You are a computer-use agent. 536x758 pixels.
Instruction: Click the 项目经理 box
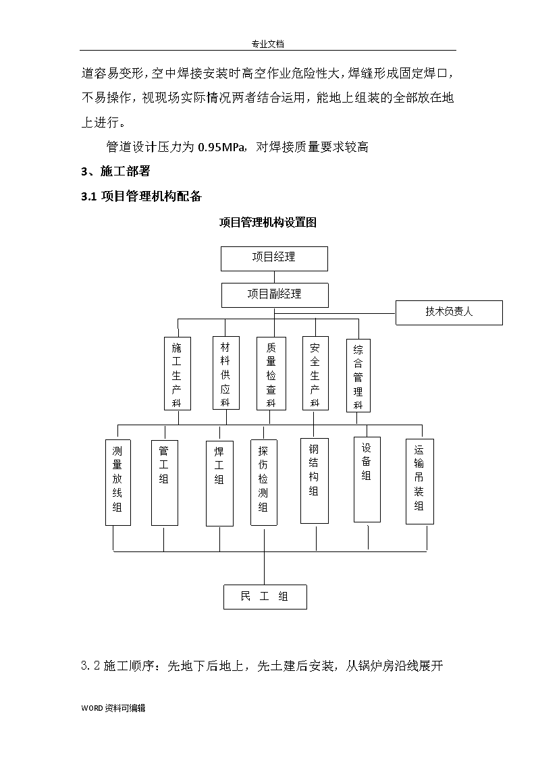point(274,259)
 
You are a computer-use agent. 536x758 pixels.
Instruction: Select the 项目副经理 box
point(275,296)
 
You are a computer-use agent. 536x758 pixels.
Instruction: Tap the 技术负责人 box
point(449,313)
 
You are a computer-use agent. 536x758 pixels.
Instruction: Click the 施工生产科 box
point(178,374)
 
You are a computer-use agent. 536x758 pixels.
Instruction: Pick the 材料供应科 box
point(226,373)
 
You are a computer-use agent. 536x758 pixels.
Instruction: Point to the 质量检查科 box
point(271,374)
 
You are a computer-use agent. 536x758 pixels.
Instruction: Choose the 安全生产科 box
point(315,373)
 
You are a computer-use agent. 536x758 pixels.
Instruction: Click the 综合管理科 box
point(358,375)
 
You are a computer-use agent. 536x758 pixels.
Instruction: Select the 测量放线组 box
point(118,483)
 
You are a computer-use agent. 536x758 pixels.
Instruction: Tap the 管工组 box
point(164,483)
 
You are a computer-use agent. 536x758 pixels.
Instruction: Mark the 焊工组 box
point(219,483)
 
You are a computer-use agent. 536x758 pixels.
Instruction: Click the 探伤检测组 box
point(263,483)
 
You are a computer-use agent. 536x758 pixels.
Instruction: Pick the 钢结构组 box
point(314,481)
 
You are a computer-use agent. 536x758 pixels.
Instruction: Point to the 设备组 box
point(367,479)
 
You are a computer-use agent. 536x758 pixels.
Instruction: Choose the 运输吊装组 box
point(419,481)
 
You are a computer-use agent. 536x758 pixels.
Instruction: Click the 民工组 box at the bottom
point(265,597)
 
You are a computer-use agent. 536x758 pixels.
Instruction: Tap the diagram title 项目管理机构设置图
point(268,222)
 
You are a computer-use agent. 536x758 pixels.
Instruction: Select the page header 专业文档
point(268,44)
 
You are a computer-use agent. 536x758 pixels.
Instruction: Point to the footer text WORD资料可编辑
point(113,708)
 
